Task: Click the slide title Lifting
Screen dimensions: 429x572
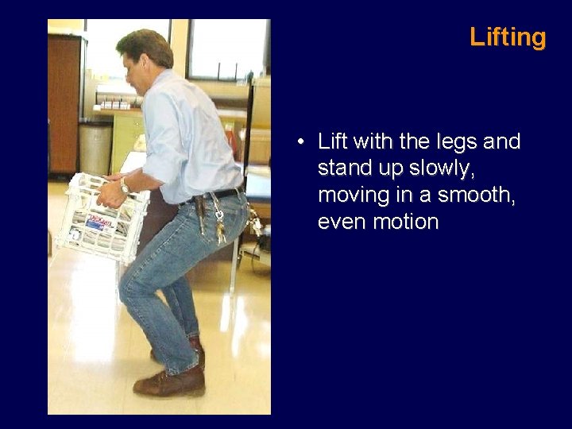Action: (508, 37)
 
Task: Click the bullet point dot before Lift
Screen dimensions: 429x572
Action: (303, 143)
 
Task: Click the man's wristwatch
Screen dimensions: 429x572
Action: (125, 185)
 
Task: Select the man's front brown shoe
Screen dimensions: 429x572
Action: (168, 384)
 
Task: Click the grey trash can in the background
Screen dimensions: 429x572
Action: (95, 148)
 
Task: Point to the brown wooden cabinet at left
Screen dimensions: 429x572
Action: (63, 103)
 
